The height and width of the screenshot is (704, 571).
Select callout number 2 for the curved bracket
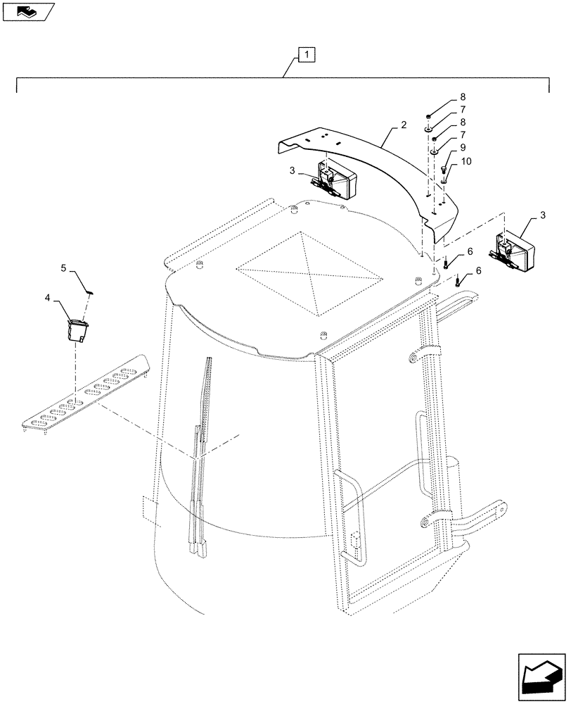point(403,125)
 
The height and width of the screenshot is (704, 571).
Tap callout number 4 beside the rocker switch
point(49,298)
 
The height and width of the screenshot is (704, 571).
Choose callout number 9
point(463,148)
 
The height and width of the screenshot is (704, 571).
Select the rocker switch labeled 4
point(75,329)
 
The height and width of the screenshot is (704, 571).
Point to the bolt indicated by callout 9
point(444,170)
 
